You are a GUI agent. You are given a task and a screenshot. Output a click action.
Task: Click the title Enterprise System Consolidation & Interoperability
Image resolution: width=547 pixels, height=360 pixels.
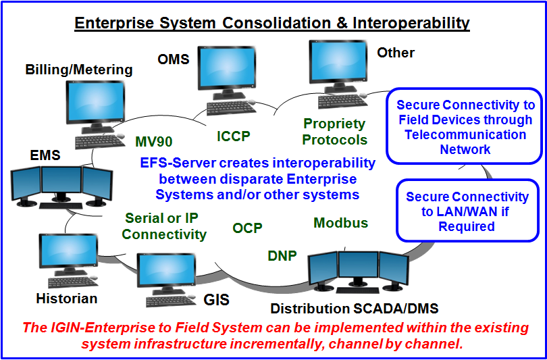tap(271, 22)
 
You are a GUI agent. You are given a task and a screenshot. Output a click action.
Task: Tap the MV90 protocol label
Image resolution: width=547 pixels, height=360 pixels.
tap(153, 142)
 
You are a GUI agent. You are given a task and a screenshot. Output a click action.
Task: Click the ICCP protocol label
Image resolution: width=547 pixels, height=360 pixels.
tap(233, 136)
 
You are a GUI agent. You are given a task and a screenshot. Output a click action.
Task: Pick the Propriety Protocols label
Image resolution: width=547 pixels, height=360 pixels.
tap(334, 132)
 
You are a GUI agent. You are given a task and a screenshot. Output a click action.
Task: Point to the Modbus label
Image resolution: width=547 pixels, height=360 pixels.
tap(340, 223)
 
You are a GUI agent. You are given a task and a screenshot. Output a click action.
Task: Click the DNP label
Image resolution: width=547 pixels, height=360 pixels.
tap(282, 255)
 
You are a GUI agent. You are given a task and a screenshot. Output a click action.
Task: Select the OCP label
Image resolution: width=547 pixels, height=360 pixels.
tap(247, 228)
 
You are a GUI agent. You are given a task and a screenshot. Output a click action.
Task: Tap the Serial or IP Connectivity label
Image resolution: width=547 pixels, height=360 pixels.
tap(165, 226)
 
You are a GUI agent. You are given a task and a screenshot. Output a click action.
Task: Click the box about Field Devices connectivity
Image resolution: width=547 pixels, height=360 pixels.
tap(465, 127)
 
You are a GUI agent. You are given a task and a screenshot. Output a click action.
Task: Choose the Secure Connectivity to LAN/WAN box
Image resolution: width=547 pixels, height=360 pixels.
tap(467, 211)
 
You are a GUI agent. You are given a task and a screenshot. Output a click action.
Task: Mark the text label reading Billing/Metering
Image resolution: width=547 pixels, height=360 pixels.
tap(79, 70)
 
